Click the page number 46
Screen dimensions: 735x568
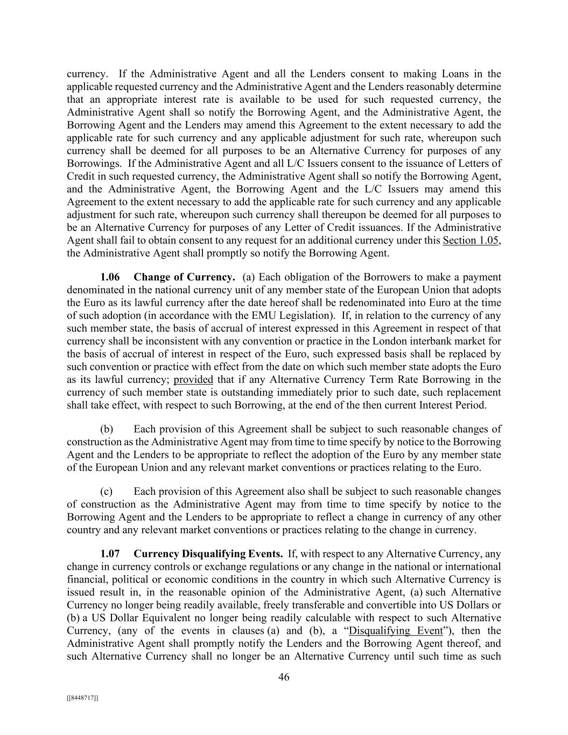(284, 677)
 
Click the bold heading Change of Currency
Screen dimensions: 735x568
(184, 277)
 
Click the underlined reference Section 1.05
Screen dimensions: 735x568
(471, 240)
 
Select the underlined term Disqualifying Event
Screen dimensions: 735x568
(396, 631)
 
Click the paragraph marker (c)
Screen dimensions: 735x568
(107, 492)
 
